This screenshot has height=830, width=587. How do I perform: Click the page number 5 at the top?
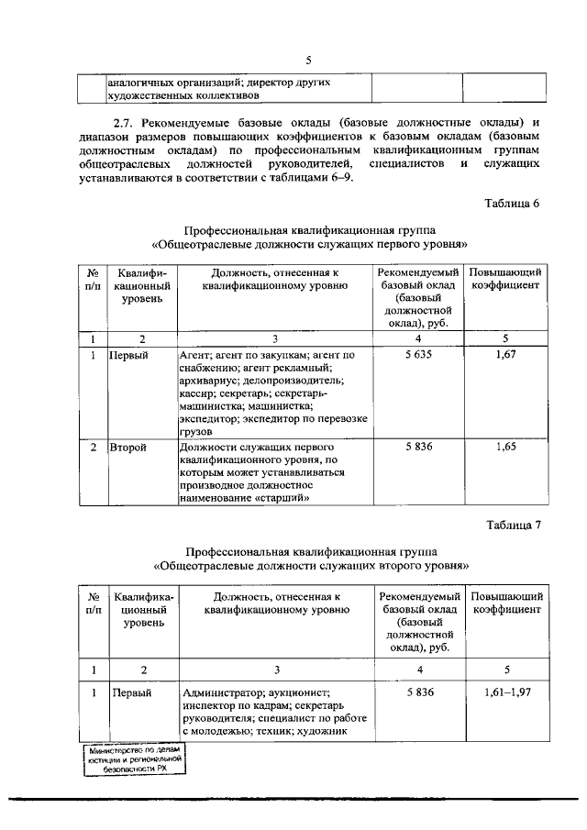click(x=309, y=61)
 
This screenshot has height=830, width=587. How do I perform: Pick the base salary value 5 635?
click(x=417, y=353)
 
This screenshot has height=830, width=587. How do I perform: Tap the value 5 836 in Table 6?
click(x=417, y=447)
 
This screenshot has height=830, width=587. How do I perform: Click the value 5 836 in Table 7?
click(x=417, y=692)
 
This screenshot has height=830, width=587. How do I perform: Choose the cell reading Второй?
click(x=127, y=447)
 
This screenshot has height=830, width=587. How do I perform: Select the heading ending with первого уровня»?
click(x=310, y=245)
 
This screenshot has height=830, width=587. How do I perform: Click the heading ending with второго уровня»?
click(x=310, y=566)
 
